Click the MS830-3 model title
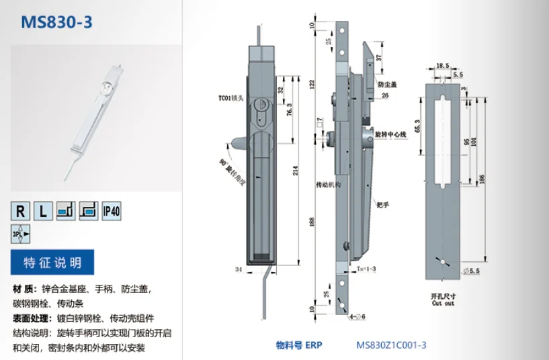click(56, 23)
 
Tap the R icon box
click(21, 212)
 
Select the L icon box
click(43, 212)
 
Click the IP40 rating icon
click(111, 212)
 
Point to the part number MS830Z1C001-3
click(391, 345)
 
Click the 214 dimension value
click(296, 171)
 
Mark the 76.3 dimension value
click(288, 109)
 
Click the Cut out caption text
click(443, 303)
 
